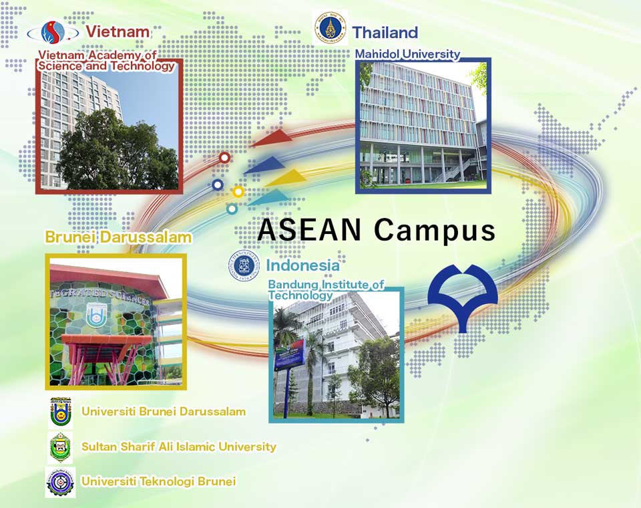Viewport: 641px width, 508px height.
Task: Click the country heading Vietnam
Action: (x=118, y=31)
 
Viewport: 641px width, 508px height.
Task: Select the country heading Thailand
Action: (x=385, y=32)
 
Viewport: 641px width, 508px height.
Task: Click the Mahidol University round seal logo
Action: (x=330, y=27)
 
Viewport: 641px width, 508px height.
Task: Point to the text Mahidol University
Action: (x=407, y=53)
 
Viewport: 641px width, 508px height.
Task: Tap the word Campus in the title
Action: (x=434, y=229)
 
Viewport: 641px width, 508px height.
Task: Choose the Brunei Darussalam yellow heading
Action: (x=118, y=237)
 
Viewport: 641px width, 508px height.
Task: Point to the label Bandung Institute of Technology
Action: (x=326, y=289)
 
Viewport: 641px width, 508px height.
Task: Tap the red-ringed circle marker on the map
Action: (x=224, y=158)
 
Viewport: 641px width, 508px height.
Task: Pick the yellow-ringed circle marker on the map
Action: (x=238, y=192)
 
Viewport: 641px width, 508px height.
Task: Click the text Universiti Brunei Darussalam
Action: (x=164, y=411)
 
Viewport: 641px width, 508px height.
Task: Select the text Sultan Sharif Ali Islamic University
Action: (x=178, y=447)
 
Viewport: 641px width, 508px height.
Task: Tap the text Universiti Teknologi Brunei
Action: (x=158, y=481)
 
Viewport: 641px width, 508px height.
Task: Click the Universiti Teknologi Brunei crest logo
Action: (x=59, y=482)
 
